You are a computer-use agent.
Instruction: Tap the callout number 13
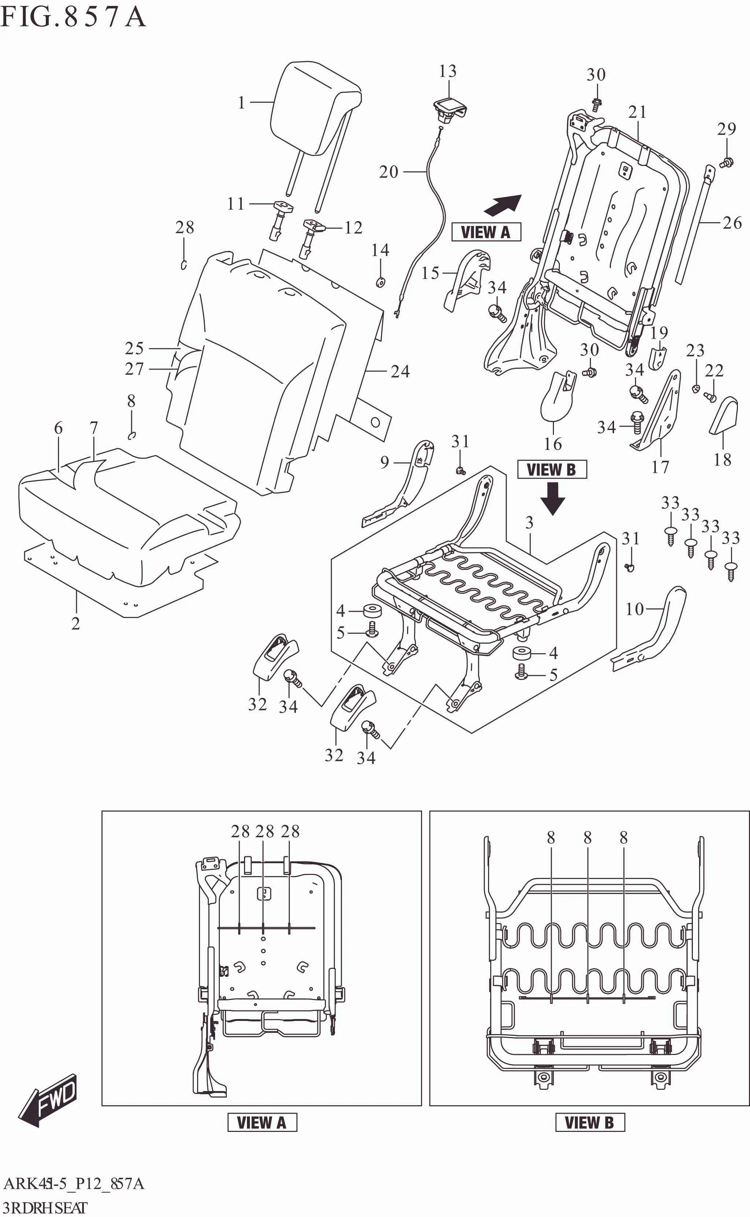447,71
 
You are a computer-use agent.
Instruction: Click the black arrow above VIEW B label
553,498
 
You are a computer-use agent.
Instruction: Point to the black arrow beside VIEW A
502,205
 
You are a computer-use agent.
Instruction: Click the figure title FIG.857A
73,17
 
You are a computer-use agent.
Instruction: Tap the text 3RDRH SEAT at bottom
45,1207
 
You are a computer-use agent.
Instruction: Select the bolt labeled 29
727,162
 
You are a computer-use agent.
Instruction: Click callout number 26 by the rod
732,223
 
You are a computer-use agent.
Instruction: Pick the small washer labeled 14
380,282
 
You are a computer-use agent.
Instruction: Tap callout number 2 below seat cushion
75,624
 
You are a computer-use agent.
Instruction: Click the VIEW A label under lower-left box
262,1123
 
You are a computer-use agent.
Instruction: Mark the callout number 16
553,444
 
